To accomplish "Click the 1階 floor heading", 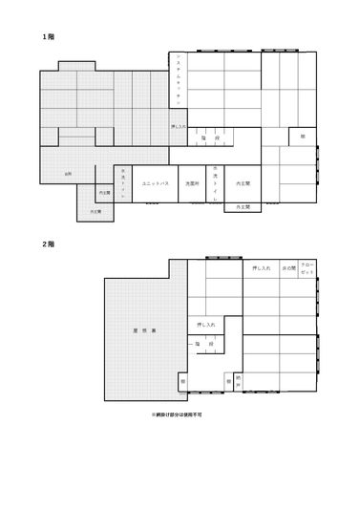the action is (47, 36).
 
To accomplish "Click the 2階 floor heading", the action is (47, 244).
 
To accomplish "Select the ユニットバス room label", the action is (155, 182).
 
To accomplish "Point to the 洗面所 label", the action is (191, 182).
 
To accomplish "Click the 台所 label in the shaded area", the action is (67, 174).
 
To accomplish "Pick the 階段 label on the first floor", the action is (210, 138).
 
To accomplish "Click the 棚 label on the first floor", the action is (302, 137).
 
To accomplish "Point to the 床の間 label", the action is (287, 268).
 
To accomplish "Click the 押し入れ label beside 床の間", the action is (262, 268).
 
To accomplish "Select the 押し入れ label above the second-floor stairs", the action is (206, 325).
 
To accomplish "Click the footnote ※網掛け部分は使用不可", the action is (177, 415).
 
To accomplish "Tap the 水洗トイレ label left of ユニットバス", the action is (122, 181).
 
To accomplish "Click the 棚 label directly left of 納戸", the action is (229, 380).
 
